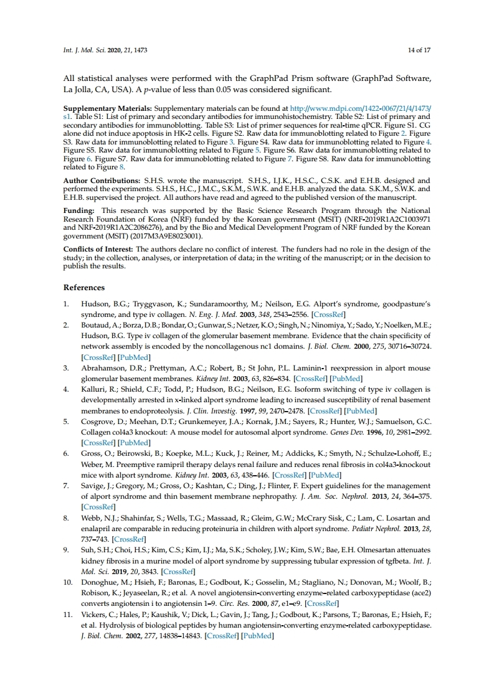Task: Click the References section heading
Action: tap(84, 288)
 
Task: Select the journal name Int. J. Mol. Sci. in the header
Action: tap(85, 50)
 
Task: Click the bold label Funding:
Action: tap(79, 211)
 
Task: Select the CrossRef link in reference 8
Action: tap(130, 539)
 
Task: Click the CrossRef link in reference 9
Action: tap(177, 571)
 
